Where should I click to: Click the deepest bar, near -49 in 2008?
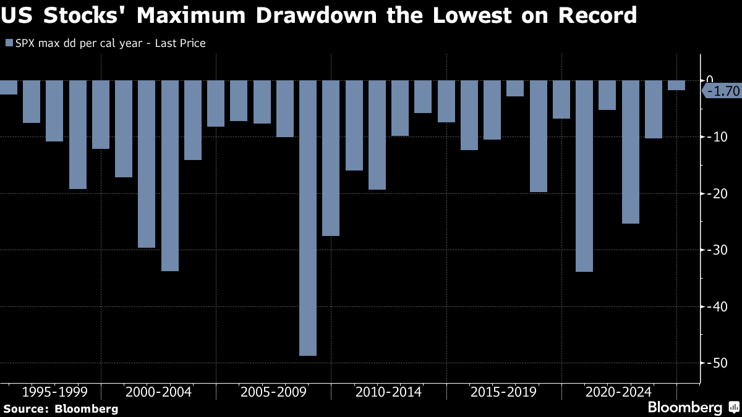coord(308,217)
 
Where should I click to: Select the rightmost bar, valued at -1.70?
coord(676,85)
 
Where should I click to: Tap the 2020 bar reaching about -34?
coord(584,175)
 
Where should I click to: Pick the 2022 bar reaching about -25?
coord(630,151)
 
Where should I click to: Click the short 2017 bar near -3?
coord(515,88)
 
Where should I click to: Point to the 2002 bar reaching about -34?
coord(170,175)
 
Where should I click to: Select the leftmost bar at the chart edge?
coord(8,87)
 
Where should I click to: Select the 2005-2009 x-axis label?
coord(273,392)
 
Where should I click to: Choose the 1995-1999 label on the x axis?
coord(54,392)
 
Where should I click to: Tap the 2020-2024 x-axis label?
coord(618,392)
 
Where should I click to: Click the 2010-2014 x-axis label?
coord(388,392)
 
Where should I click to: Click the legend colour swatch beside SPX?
coord(9,43)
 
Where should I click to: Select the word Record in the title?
coord(597,15)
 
